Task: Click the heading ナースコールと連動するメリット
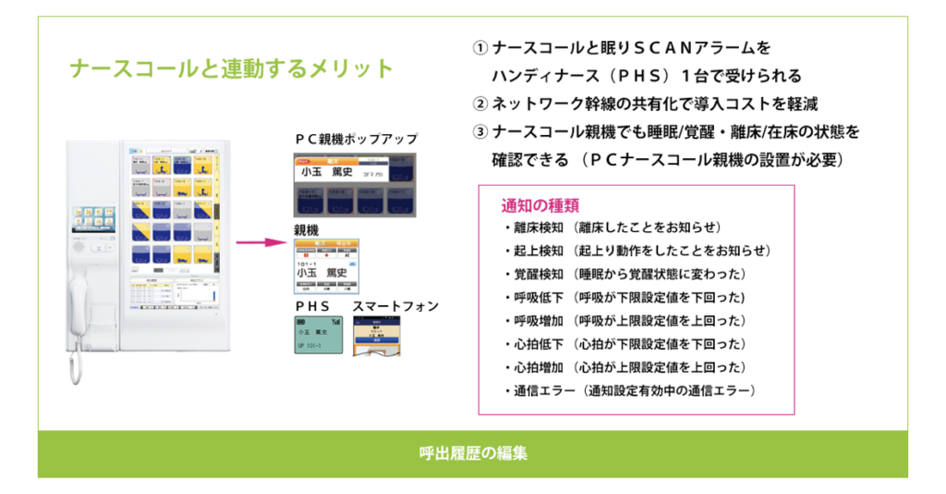(x=232, y=70)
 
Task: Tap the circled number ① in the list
(x=479, y=48)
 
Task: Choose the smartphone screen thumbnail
(x=379, y=337)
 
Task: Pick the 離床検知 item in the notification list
(x=530, y=228)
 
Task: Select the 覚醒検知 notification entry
(x=530, y=275)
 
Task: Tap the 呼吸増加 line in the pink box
(x=530, y=321)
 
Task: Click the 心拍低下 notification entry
(x=530, y=344)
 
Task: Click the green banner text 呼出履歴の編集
(x=472, y=454)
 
